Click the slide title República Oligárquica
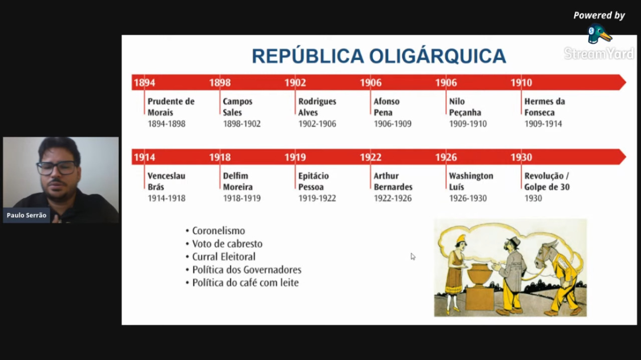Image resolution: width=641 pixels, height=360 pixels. click(379, 56)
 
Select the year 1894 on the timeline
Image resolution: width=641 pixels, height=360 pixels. click(145, 83)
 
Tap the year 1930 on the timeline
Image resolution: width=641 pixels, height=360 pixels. click(521, 157)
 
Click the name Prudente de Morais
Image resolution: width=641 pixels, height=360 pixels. click(171, 107)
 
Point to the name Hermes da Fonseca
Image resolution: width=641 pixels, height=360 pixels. click(544, 107)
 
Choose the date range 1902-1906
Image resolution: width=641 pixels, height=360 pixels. click(317, 124)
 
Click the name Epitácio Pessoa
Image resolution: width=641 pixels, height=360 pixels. click(313, 181)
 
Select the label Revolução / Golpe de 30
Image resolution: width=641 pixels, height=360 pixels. click(547, 181)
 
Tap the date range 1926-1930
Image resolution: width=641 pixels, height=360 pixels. click(468, 198)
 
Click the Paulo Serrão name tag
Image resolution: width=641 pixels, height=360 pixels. click(27, 215)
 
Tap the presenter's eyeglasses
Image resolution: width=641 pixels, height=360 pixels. click(57, 168)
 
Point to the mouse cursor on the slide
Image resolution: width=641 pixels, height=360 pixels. click(413, 256)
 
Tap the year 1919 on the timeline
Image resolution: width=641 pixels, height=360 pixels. click(295, 157)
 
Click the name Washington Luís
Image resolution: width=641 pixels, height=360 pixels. click(471, 181)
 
